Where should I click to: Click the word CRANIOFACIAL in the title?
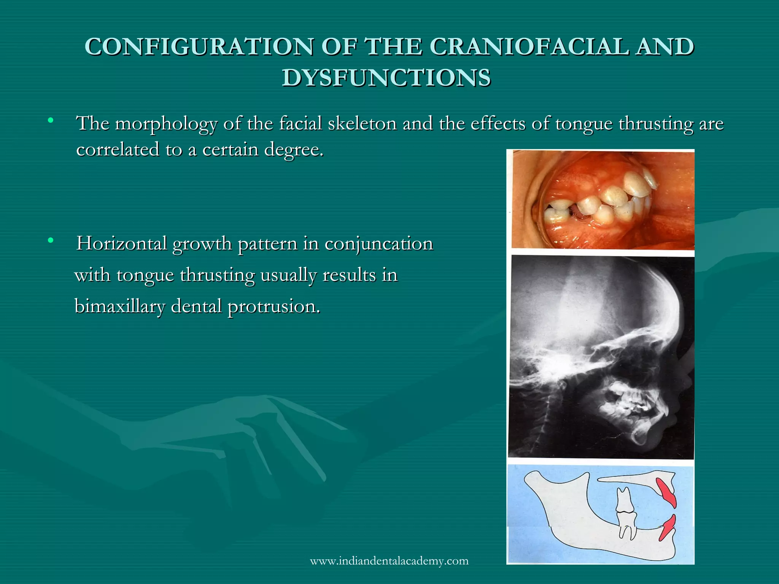[529, 47]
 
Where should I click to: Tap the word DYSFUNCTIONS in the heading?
[386, 78]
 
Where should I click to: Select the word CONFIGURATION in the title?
[199, 47]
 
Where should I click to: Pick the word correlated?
[118, 149]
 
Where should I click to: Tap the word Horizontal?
[121, 244]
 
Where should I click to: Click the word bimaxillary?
[120, 306]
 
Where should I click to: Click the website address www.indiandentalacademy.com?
[389, 561]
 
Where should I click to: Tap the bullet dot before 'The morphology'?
[50, 121]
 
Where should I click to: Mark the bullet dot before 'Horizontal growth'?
[50, 241]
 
